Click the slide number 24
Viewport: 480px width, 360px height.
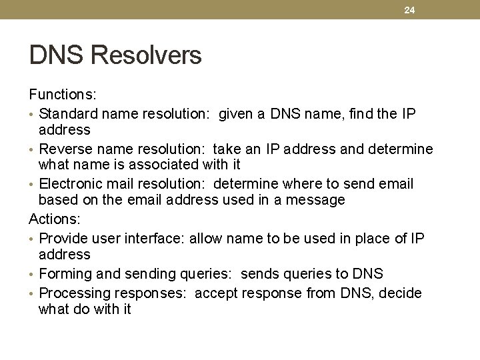click(409, 9)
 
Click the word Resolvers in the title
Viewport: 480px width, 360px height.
click(146, 55)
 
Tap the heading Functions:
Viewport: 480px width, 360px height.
click(58, 96)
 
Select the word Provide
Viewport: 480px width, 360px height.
click(64, 239)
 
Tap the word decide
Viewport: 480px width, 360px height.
click(400, 293)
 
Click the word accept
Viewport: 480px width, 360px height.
click(216, 293)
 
